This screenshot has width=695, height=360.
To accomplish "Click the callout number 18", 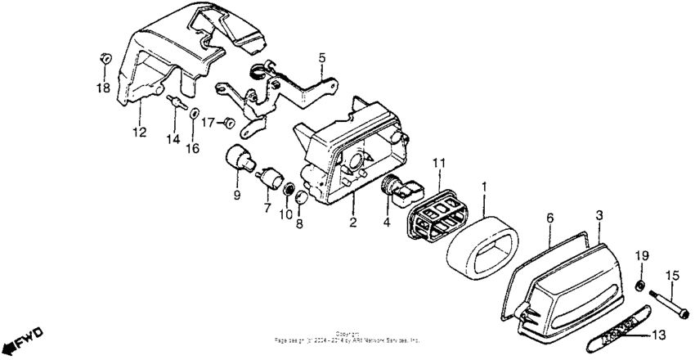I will coord(103,88).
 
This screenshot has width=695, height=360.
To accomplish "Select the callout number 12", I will coord(139,132).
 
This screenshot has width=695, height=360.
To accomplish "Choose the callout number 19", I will coord(642,256).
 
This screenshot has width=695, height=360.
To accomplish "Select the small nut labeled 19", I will coord(641,285).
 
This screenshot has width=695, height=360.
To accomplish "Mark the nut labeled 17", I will coord(230,123).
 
